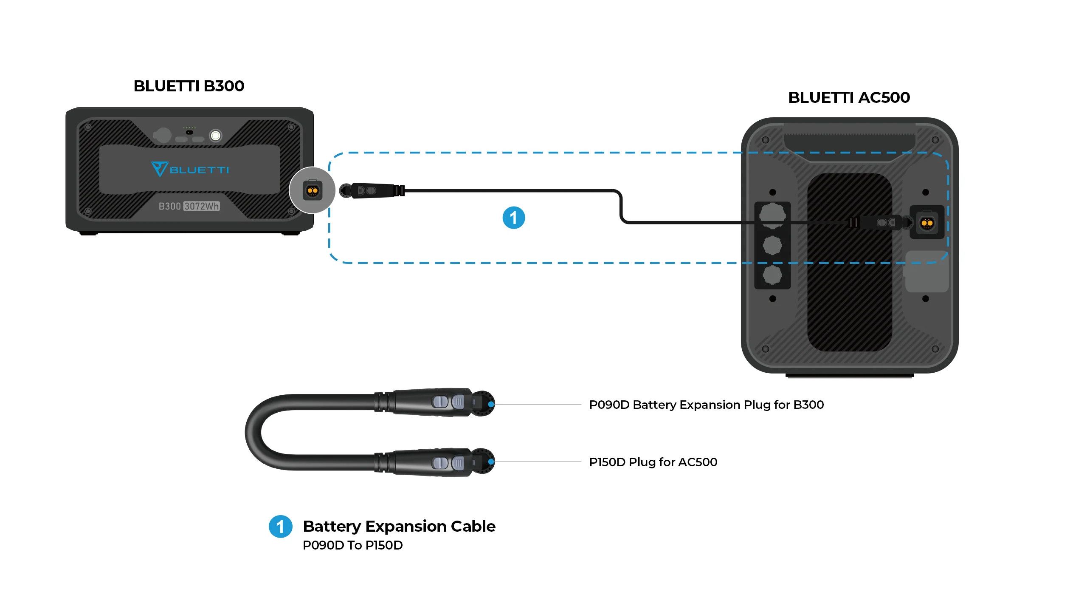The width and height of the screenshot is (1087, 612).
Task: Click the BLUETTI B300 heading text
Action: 189,86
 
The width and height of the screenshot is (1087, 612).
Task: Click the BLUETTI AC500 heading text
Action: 849,98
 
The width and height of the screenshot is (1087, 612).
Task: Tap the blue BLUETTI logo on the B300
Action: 190,169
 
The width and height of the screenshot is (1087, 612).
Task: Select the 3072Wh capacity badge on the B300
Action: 202,207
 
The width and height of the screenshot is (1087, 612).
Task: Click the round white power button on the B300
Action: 216,136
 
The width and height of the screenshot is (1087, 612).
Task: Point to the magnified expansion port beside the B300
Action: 312,190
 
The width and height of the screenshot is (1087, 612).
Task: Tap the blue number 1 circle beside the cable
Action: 513,218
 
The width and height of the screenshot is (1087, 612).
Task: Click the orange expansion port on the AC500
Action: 926,223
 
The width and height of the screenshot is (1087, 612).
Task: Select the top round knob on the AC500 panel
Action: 772,215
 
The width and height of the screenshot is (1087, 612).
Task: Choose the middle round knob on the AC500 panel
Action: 772,245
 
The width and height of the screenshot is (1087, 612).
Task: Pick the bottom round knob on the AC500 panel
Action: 772,275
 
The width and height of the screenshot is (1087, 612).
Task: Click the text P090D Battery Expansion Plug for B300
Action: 706,405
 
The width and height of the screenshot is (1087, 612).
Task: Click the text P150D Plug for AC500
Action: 653,462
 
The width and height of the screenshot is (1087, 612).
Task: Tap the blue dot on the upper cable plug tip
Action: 491,404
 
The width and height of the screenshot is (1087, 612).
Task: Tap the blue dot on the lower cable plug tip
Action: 491,462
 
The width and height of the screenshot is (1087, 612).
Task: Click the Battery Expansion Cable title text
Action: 399,526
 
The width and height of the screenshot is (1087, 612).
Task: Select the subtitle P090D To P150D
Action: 352,545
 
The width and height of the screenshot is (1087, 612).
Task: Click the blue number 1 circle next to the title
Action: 280,527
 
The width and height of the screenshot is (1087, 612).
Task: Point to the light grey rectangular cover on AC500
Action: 926,272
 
